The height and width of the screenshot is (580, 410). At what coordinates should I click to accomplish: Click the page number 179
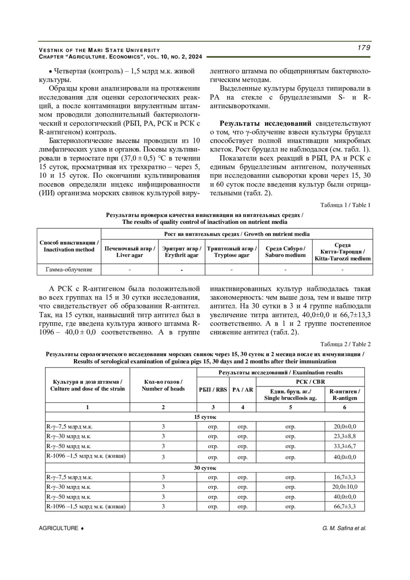tap(364, 48)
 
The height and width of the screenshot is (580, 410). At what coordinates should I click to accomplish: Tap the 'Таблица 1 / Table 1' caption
tap(345, 205)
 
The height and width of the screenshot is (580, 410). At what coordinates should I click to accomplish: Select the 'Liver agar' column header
tap(129, 252)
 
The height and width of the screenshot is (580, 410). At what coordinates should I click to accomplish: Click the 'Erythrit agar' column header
tap(181, 252)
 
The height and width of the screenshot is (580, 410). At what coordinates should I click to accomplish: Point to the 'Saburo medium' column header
tap(285, 252)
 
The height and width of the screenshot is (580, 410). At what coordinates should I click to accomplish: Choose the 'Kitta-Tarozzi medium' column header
tap(342, 252)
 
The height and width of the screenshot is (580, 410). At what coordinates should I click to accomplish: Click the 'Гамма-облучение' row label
tap(69, 270)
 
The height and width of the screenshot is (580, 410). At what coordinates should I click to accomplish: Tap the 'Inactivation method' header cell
tap(69, 246)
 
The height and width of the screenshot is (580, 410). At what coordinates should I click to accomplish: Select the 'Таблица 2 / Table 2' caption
tap(345, 344)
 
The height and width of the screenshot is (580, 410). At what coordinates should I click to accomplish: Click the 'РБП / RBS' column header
tap(213, 390)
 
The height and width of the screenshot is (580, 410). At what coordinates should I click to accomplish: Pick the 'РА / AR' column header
tap(243, 390)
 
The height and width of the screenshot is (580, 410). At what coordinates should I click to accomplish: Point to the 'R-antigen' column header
tap(344, 394)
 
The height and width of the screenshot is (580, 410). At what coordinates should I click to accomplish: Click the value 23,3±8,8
tap(344, 436)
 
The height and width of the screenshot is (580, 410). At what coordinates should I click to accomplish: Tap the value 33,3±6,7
tap(344, 446)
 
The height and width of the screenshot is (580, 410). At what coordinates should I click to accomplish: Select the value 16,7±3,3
tap(344, 477)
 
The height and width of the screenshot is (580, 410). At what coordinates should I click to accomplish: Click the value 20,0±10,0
tap(344, 487)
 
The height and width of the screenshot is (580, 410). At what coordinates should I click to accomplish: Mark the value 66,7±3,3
tap(344, 507)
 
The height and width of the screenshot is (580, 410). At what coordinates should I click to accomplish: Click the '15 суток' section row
tap(205, 417)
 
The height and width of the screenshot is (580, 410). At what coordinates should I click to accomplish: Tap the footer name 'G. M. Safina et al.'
tap(344, 528)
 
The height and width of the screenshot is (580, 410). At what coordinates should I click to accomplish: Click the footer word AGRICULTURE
tap(59, 528)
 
